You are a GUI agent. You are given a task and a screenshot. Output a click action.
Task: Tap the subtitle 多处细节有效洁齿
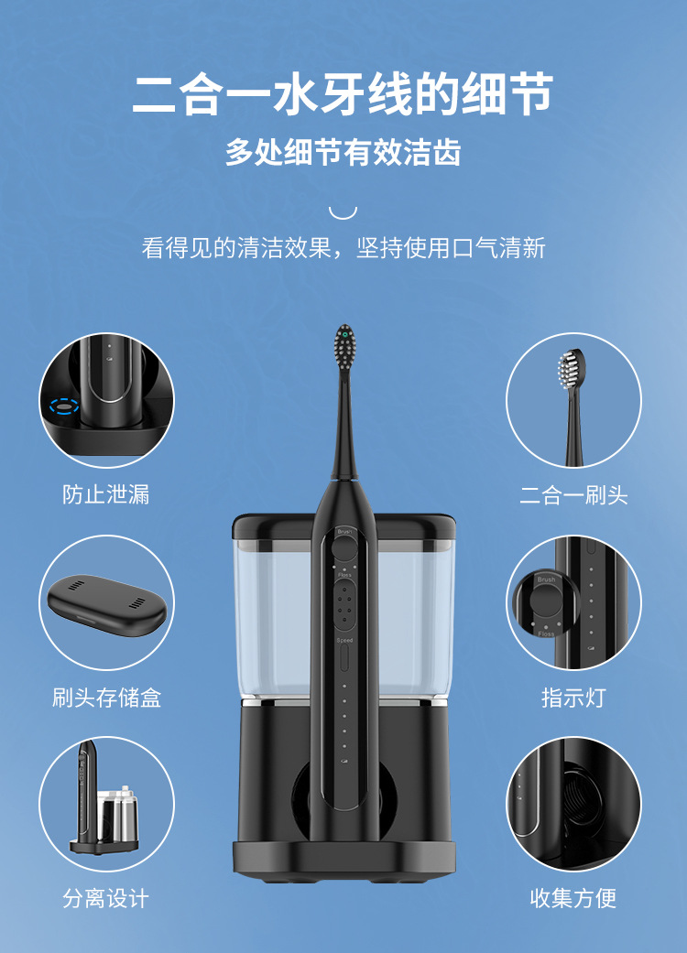343,152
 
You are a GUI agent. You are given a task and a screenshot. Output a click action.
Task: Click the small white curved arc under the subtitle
343,212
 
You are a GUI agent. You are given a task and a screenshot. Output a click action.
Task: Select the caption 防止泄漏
105,494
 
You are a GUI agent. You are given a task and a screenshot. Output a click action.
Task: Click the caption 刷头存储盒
106,697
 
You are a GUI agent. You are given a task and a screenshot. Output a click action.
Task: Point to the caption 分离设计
105,898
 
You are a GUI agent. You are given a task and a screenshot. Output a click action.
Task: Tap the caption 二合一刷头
573,494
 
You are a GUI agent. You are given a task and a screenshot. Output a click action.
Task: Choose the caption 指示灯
573,697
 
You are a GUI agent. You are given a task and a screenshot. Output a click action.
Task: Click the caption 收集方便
573,898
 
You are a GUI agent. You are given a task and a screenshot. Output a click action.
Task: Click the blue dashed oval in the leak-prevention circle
64,406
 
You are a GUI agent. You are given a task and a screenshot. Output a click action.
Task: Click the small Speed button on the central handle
344,657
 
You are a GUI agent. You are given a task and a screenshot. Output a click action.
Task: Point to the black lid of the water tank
344,527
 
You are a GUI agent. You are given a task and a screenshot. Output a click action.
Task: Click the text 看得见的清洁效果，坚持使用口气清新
343,248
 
